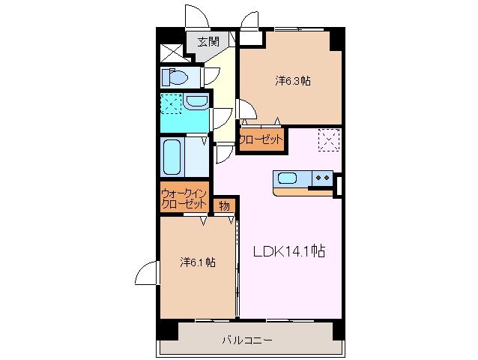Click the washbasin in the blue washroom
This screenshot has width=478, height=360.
pyautogui.click(x=197, y=103)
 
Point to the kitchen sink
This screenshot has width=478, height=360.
pyautogui.click(x=288, y=178)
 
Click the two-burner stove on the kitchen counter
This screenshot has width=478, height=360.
pyautogui.click(x=323, y=178)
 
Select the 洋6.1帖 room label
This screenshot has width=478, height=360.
pyautogui.click(x=198, y=262)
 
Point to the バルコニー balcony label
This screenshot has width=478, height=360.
pyautogui.click(x=246, y=340)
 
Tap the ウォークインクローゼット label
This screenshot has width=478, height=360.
pyautogui.click(x=184, y=199)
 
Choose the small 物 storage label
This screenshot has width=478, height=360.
pyautogui.click(x=223, y=205)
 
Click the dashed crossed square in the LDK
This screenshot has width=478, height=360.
pyautogui.click(x=329, y=140)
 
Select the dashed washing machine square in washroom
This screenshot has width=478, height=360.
pyautogui.click(x=172, y=103)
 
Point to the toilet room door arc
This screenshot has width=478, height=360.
pyautogui.click(x=211, y=74)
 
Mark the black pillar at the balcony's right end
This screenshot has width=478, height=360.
pyautogui.click(x=338, y=328)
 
